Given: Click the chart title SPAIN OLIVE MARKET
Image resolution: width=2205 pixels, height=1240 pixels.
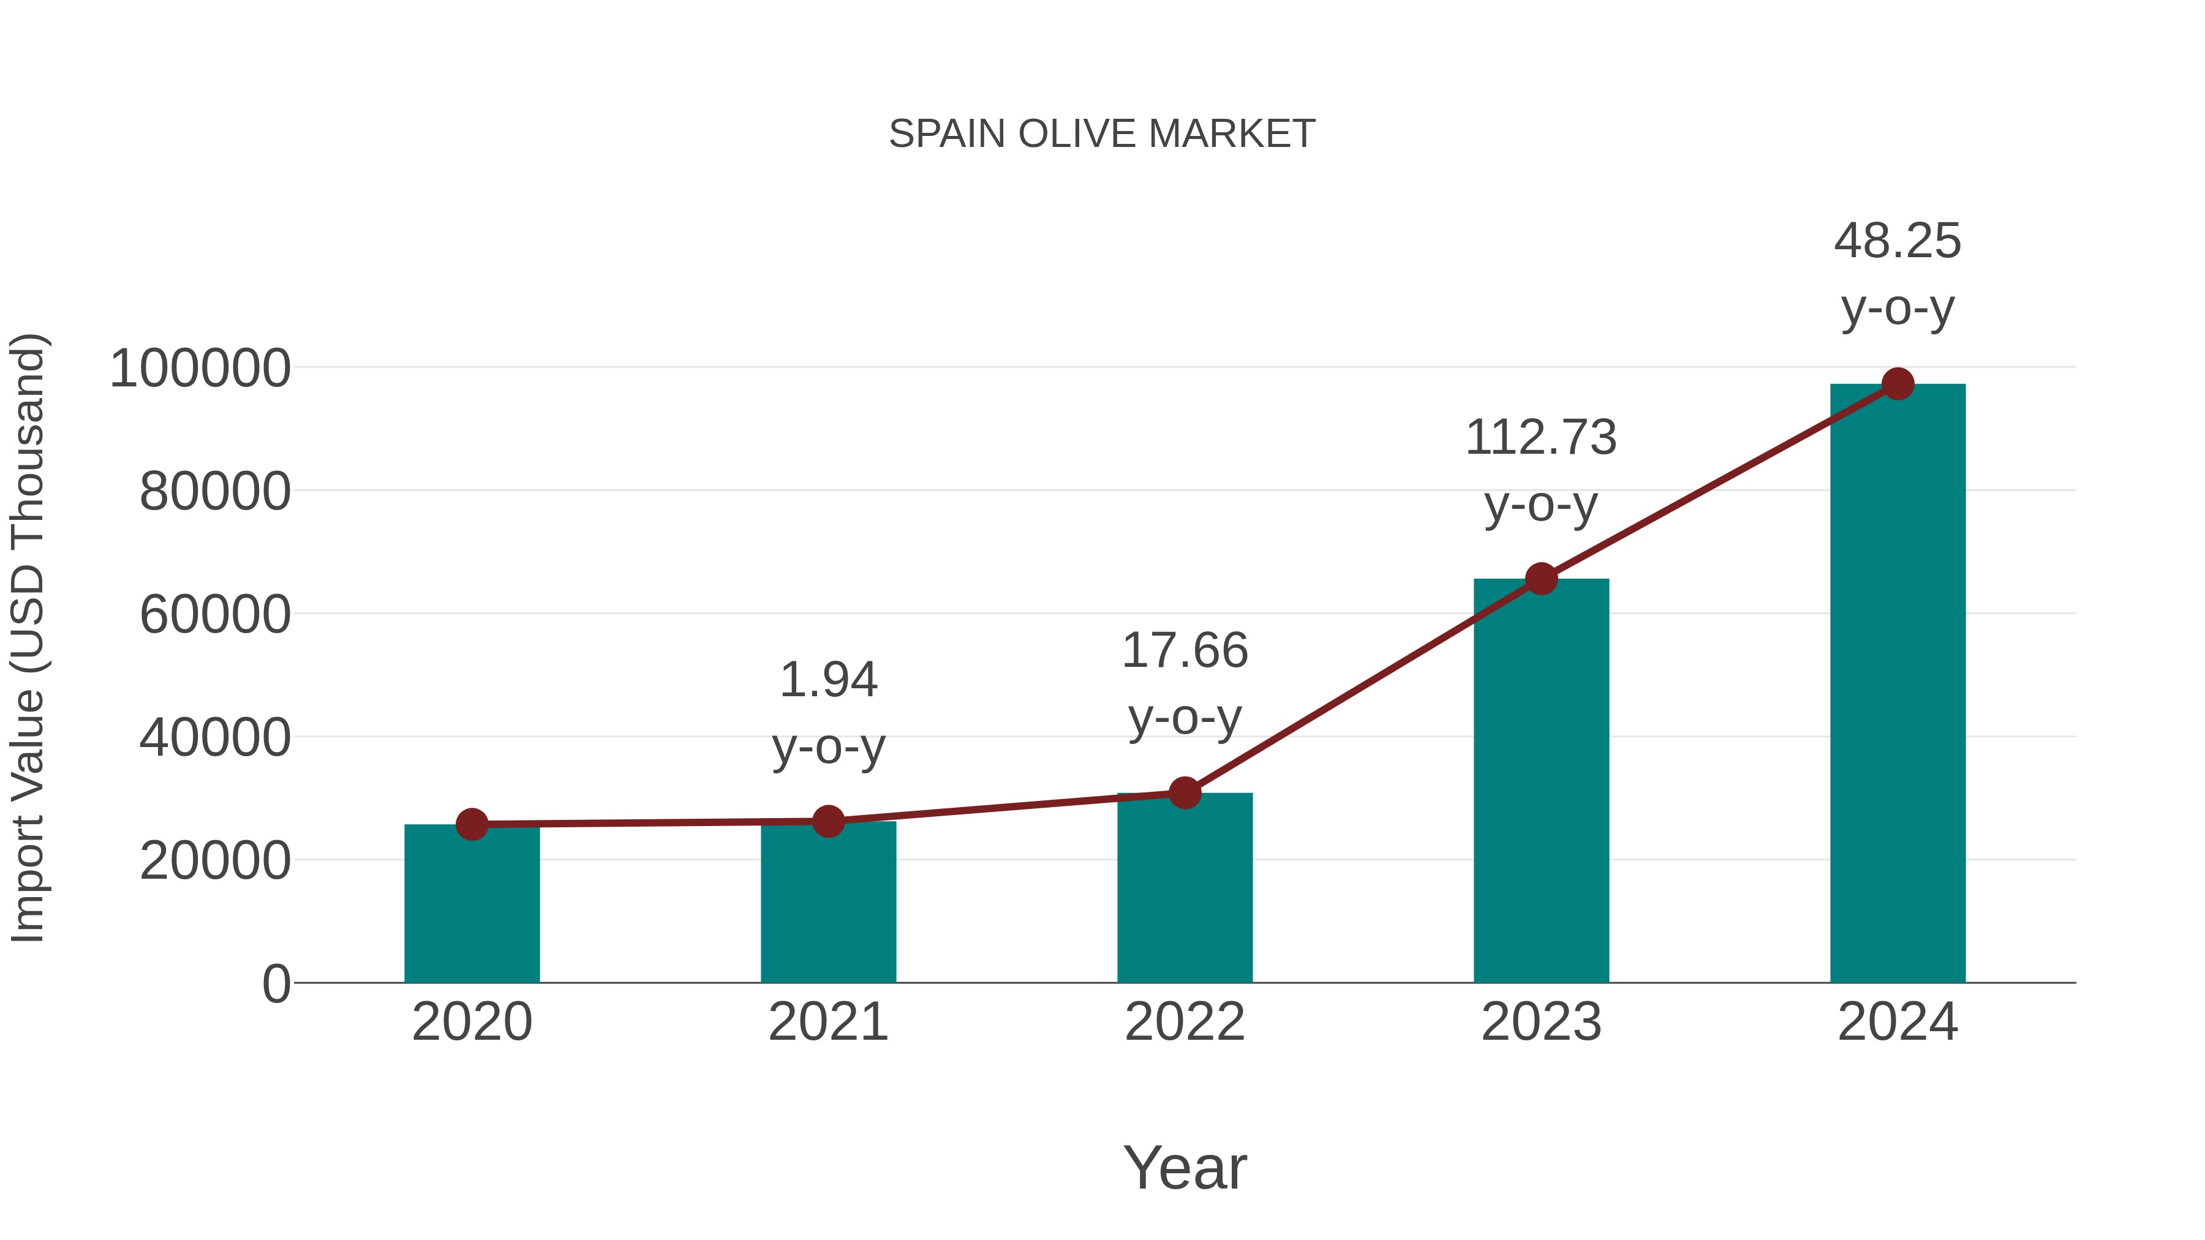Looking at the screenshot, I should click(x=1102, y=134).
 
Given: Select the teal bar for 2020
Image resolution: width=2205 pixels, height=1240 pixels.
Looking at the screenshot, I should click(x=472, y=907).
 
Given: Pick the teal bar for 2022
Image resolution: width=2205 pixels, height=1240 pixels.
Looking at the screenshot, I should click(x=1185, y=890).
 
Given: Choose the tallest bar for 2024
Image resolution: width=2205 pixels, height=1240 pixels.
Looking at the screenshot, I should click(x=1898, y=685).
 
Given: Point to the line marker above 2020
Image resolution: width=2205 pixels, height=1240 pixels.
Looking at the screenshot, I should click(x=472, y=824).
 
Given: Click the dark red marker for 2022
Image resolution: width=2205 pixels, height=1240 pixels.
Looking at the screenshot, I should click(x=1185, y=793).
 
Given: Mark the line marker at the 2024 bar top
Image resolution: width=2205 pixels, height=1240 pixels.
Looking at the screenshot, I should click(x=1898, y=384).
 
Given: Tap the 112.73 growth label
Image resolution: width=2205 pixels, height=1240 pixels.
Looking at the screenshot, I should click(x=1541, y=438).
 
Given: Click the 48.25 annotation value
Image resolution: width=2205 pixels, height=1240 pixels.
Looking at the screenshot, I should click(x=1898, y=241).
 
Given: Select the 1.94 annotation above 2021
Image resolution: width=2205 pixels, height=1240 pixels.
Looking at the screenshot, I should click(x=827, y=680).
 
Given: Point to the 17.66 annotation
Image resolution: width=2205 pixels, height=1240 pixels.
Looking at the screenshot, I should click(x=1185, y=652).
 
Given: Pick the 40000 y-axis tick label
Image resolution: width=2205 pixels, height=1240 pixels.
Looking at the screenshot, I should click(x=215, y=738).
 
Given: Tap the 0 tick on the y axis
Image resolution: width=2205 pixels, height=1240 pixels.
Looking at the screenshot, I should click(x=276, y=984).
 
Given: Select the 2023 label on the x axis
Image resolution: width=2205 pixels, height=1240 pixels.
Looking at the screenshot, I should click(x=1541, y=1022).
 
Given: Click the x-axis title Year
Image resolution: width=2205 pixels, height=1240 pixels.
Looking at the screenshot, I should click(x=1185, y=1167).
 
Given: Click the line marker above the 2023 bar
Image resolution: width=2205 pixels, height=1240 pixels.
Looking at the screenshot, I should click(x=1541, y=579).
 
